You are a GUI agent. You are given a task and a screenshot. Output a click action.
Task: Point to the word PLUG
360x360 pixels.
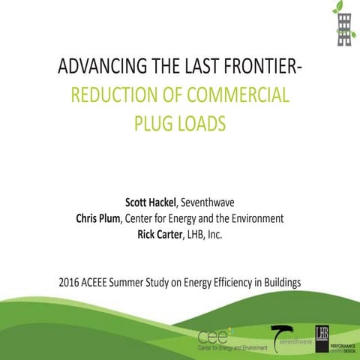tap(153, 121)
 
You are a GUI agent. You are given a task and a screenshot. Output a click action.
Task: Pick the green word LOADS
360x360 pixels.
tap(207, 121)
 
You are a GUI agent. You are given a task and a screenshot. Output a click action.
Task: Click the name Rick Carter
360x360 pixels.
tap(155, 235)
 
